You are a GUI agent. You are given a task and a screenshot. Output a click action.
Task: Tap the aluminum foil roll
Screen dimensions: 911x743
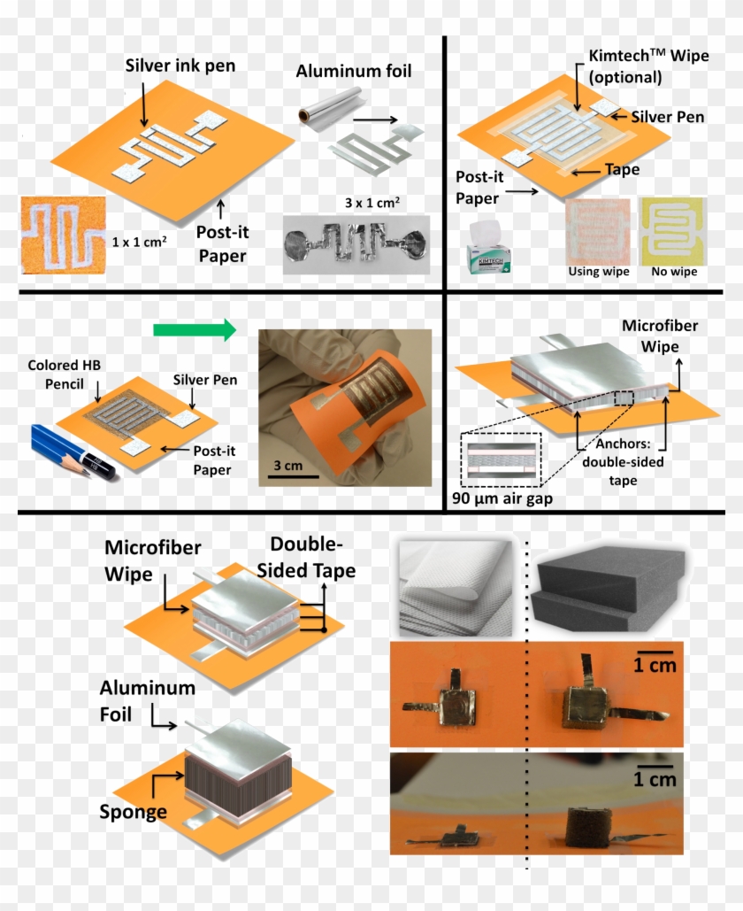click(x=318, y=113)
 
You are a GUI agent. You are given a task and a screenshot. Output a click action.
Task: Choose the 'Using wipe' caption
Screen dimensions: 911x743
click(x=598, y=272)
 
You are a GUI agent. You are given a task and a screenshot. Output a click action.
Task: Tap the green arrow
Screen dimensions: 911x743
click(x=194, y=330)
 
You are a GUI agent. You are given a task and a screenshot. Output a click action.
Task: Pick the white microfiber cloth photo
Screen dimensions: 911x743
click(x=456, y=589)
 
